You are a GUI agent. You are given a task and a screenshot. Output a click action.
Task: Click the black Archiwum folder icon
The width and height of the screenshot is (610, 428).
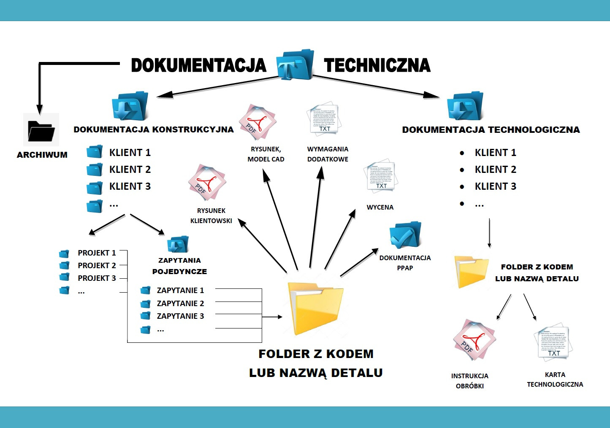pyautogui.click(x=41, y=130)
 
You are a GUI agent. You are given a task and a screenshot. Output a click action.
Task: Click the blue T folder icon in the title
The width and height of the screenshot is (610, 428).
pyautogui.click(x=295, y=65)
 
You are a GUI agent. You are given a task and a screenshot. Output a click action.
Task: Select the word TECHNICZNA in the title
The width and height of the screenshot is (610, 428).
pyautogui.click(x=377, y=65)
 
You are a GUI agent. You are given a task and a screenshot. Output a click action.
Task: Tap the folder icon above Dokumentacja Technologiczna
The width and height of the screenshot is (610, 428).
pyautogui.click(x=465, y=106)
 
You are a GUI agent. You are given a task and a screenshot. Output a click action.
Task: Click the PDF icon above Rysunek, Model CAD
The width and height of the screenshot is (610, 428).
pyautogui.click(x=258, y=123)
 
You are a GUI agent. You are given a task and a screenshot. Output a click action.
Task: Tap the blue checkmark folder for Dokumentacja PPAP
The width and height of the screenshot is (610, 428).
pyautogui.click(x=405, y=235)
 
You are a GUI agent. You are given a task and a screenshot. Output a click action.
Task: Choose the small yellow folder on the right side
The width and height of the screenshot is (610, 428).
pyautogui.click(x=471, y=271)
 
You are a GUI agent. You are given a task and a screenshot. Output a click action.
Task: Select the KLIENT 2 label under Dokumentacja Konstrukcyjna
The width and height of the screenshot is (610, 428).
pyautogui.click(x=130, y=170)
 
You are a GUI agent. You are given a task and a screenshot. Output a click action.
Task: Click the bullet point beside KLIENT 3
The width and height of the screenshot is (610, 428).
pyautogui.click(x=462, y=187)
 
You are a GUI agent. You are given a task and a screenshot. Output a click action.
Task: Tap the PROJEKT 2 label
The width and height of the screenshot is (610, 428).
pyautogui.click(x=97, y=266)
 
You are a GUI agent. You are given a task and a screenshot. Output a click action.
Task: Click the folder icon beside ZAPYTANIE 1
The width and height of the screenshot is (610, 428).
pyautogui.click(x=146, y=291)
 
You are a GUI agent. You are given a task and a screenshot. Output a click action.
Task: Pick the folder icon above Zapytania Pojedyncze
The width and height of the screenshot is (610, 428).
pyautogui.click(x=178, y=244)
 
